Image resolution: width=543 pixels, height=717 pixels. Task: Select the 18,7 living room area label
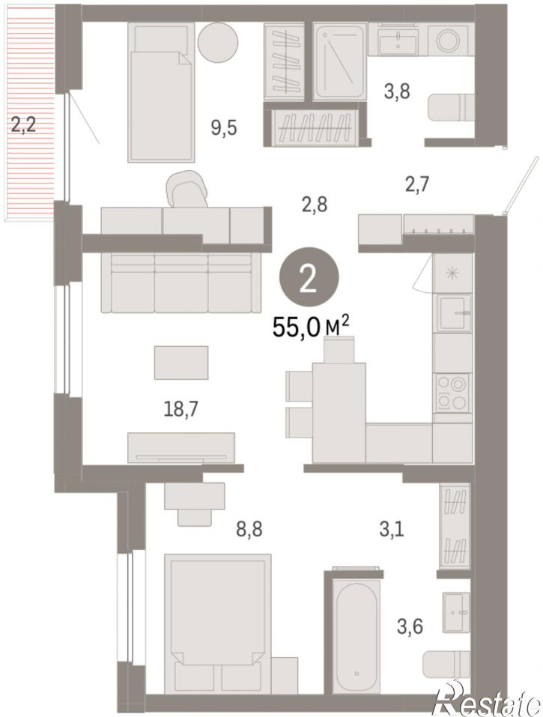pyautogui.click(x=181, y=409)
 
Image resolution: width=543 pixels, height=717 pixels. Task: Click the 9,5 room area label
pyautogui.click(x=223, y=128)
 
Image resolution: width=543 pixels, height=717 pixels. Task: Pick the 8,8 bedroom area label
pyautogui.click(x=249, y=530)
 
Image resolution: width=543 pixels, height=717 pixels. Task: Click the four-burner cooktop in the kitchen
pyautogui.click(x=452, y=393)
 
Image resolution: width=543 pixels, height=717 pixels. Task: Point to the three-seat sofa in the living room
pyautogui.click(x=181, y=282)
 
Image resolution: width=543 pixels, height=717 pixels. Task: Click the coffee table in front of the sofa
pyautogui.click(x=181, y=362)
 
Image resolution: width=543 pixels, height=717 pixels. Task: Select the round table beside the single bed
pyautogui.click(x=219, y=42)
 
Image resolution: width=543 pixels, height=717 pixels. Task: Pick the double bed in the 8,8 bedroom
pyautogui.click(x=217, y=623)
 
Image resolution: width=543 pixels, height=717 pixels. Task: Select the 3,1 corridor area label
pyautogui.click(x=392, y=531)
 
